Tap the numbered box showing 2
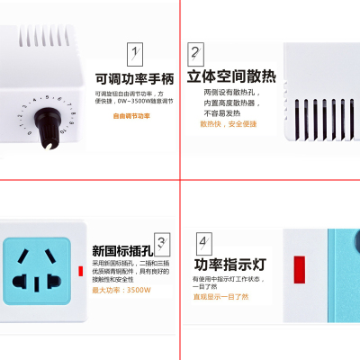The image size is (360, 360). pos(194,53)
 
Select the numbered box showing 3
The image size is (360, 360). pos(161,241)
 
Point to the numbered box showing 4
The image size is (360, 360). pos(204,242)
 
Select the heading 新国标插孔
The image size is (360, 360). pos(121,251)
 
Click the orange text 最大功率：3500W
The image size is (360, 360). pos(121,290)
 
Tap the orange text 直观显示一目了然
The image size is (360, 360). pos(220,295)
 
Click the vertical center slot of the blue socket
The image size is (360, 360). pos(37,284)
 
